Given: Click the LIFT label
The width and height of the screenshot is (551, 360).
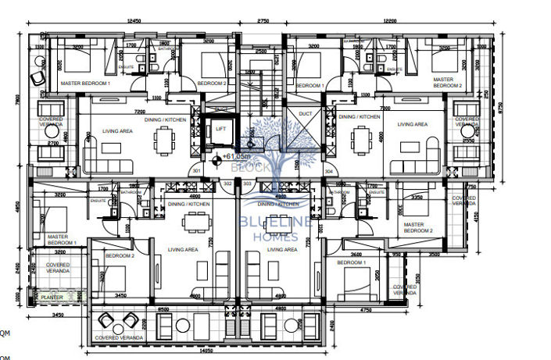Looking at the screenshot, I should (221, 130).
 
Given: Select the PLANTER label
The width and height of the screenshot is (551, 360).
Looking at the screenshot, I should (53, 297).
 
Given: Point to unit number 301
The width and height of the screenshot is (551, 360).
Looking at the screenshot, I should (196, 171).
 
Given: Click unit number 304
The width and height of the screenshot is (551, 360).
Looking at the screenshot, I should (329, 171).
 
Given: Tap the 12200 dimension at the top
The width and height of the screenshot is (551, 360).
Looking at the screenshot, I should (415, 21).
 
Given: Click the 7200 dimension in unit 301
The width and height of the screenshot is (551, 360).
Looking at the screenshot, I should (140, 111).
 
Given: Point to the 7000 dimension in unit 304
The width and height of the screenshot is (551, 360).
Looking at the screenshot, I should (385, 109).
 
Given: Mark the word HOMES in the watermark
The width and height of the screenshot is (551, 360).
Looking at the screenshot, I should (273, 235).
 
